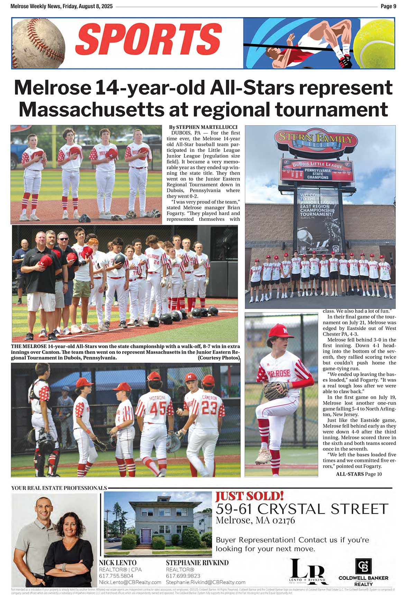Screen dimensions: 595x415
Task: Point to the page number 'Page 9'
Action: pos(388,6)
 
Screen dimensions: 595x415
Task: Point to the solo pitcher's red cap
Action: pos(280,331)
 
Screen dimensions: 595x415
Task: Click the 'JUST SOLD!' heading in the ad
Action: pos(249,496)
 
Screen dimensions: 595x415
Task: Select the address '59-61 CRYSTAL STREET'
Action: pos(302,509)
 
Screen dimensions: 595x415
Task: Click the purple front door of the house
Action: pos(146,535)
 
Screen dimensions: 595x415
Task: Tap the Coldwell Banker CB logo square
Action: pos(363,566)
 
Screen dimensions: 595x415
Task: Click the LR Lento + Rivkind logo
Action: pos(307,569)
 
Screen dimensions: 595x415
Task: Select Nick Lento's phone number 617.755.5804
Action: pos(116,576)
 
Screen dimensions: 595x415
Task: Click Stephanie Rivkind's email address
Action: pos(205,582)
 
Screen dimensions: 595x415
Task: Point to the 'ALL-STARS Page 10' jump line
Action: pos(359,474)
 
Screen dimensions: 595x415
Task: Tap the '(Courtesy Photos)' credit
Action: pos(219,358)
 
